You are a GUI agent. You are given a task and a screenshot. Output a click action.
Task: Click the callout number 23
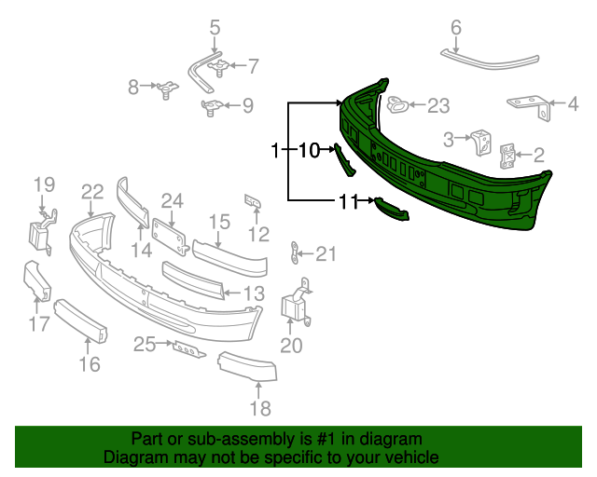tap(438, 106)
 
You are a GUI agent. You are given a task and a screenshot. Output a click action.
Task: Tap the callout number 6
tap(456, 28)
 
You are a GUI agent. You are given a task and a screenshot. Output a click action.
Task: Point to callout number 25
tap(144, 345)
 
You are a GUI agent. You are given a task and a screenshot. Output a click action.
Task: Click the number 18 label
tap(260, 408)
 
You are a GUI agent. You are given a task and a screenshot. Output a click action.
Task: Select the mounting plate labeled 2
tap(508, 155)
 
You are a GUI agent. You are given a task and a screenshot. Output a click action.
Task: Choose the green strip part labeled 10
tap(344, 159)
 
